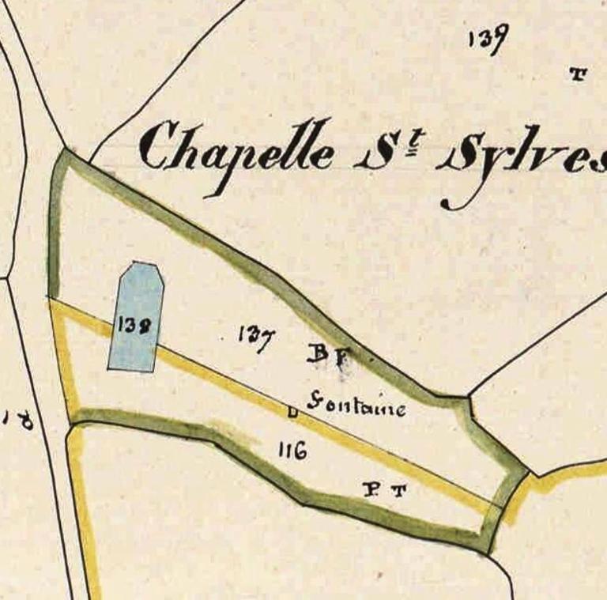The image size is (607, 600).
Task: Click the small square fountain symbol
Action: (x=292, y=411)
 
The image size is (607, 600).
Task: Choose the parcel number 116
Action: (x=292, y=451)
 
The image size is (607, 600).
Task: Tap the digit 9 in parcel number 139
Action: (x=500, y=40)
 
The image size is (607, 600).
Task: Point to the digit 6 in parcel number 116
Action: (x=301, y=452)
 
